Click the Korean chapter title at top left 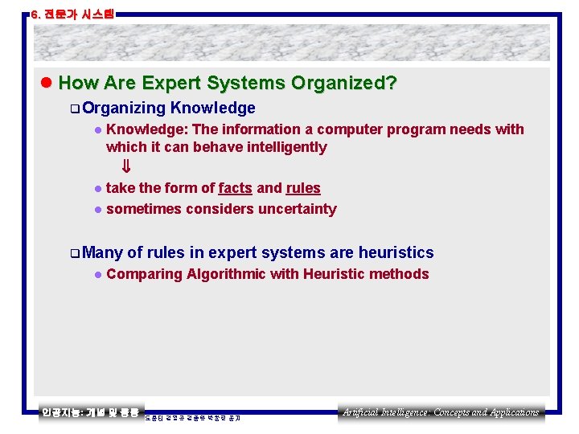point(72,14)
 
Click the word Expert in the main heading point(170,83)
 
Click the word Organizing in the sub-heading point(123,108)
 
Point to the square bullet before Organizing point(74,108)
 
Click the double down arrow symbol point(125,167)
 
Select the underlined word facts point(235,188)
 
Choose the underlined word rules point(303,188)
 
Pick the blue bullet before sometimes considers point(96,210)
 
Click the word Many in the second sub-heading point(102,252)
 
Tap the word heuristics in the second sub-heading point(394,252)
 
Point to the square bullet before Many point(74,253)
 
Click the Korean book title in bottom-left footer point(91,412)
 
